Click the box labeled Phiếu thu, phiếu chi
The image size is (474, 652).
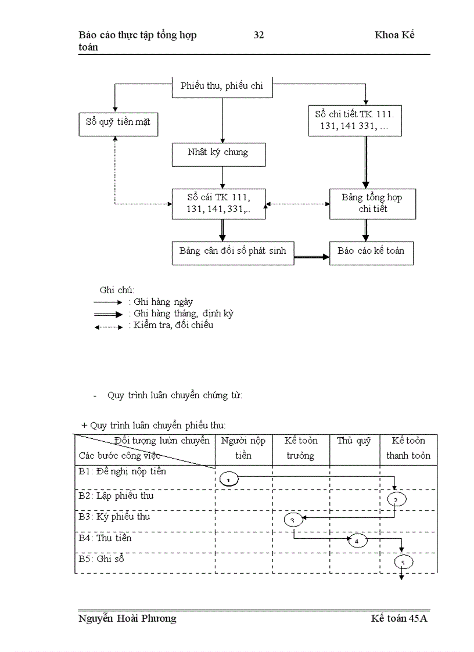click(x=222, y=86)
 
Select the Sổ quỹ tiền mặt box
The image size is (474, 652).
click(x=118, y=123)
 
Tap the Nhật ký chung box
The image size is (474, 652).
click(x=218, y=153)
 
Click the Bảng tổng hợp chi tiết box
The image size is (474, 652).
click(x=372, y=203)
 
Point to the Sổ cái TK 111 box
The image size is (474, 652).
click(x=218, y=203)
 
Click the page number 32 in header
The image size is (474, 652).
click(x=259, y=35)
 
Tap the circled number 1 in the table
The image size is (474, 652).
click(x=229, y=479)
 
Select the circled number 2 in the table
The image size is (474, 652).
click(x=396, y=499)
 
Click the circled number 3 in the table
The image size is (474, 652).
click(x=293, y=520)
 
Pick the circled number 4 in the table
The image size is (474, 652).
click(x=358, y=541)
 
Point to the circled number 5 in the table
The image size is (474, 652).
click(x=403, y=562)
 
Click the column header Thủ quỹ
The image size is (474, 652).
click(x=354, y=441)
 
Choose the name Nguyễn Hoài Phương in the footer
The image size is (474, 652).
click(x=127, y=618)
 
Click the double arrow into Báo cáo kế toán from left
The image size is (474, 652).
click(x=312, y=255)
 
